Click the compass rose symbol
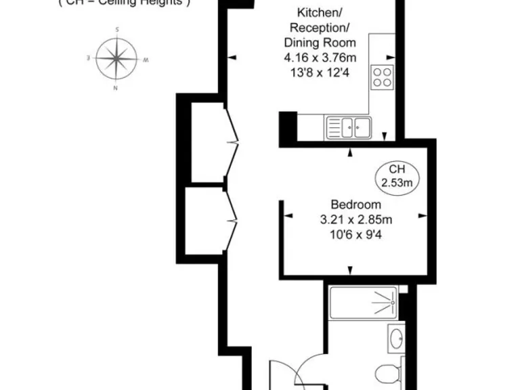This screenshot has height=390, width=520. (117, 59)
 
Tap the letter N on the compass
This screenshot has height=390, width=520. (116, 88)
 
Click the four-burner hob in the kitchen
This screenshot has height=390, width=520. (382, 77)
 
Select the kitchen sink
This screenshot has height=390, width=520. (348, 126)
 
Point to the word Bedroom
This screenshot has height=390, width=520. (355, 204)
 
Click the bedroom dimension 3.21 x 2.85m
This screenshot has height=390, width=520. (356, 219)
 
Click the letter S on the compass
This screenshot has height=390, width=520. (117, 30)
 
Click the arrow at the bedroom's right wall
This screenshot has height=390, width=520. (423, 217)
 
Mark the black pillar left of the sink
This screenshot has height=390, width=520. (288, 127)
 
